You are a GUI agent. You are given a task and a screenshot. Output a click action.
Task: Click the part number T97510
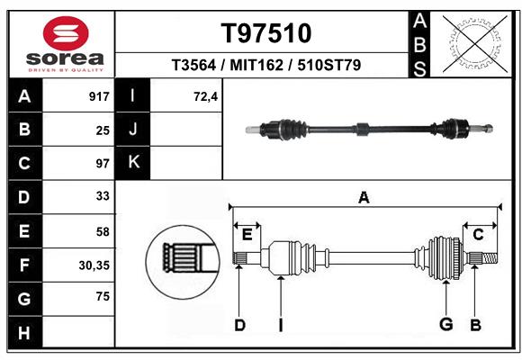click(266, 33)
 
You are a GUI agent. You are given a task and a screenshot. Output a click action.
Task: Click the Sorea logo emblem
click(66, 34)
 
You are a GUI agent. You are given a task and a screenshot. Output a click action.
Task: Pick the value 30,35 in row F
click(94, 265)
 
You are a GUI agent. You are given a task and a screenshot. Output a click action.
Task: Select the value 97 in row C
click(102, 164)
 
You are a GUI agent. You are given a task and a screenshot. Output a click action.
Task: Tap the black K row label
click(134, 163)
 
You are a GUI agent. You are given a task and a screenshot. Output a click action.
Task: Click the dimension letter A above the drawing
click(364, 198)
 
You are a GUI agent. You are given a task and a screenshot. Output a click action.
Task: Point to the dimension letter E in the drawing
click(247, 235)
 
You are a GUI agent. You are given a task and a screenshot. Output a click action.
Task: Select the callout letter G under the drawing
click(445, 325)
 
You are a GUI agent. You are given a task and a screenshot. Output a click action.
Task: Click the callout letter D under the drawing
click(239, 325)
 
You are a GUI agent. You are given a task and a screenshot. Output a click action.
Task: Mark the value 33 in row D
click(102, 197)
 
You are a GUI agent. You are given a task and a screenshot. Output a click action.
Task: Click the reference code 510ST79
click(331, 66)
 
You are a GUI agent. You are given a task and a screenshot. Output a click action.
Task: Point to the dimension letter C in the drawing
click(478, 235)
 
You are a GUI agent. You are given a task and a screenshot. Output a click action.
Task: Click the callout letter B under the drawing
click(476, 325)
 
